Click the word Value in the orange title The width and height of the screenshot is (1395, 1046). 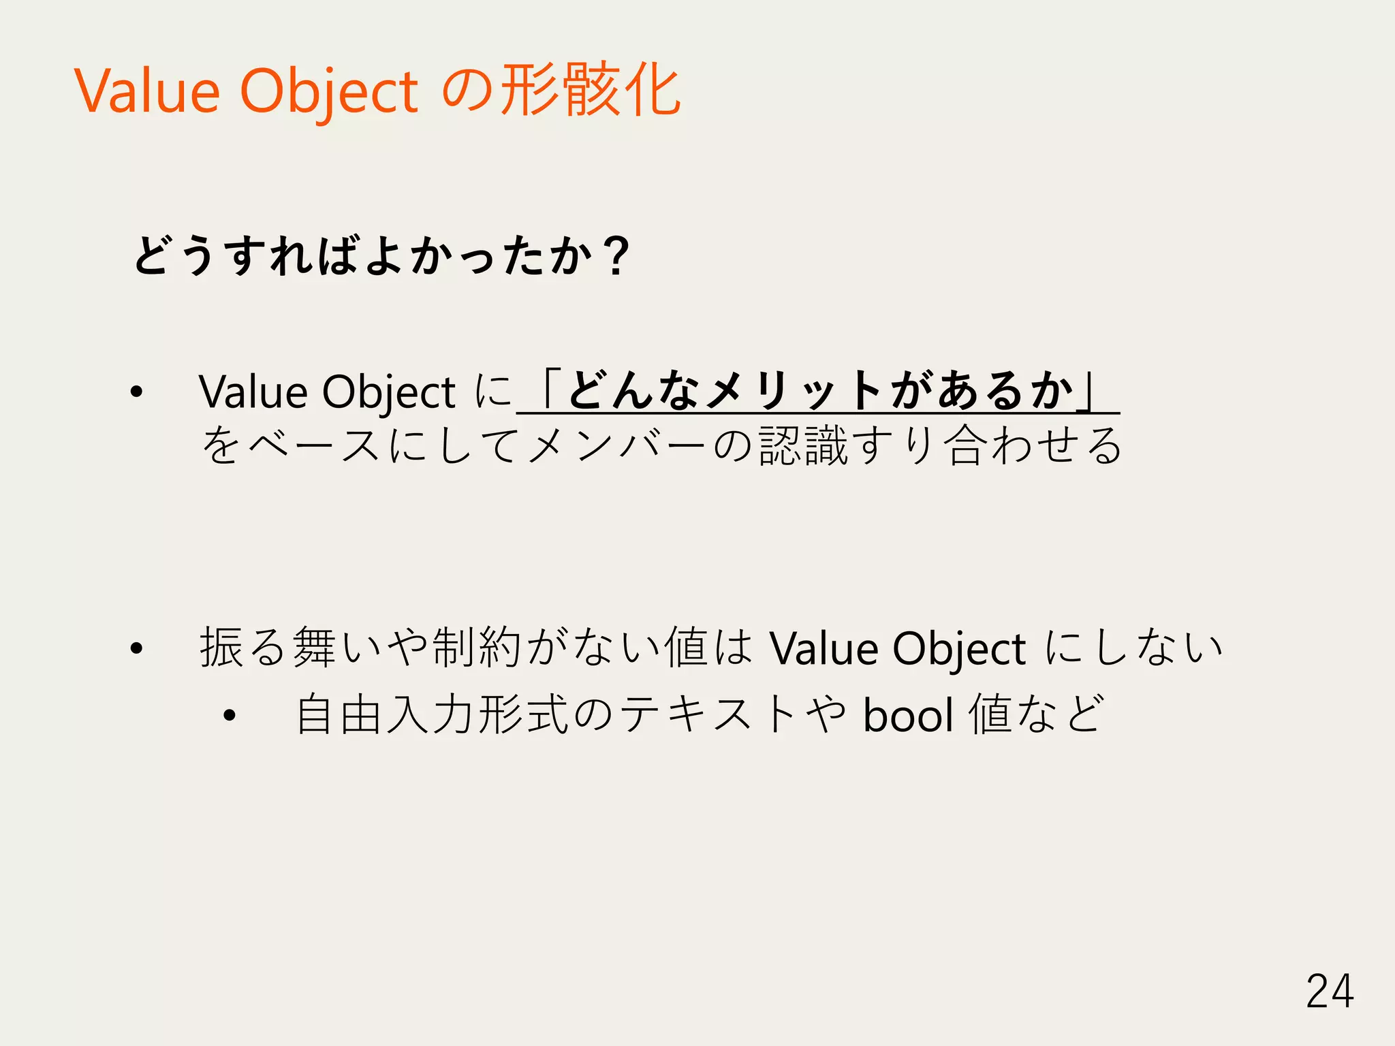(x=147, y=92)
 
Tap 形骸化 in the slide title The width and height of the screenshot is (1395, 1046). (x=590, y=90)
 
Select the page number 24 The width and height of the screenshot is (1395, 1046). (x=1329, y=992)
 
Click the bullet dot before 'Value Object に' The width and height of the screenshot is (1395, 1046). (x=137, y=392)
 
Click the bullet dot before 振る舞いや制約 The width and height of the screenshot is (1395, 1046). (x=137, y=648)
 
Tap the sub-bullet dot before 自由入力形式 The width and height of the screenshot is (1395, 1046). (x=230, y=716)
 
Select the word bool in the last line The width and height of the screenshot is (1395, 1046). (x=909, y=716)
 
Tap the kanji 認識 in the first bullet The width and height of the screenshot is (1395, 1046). (x=804, y=445)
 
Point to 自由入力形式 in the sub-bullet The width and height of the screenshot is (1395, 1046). (x=432, y=716)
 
